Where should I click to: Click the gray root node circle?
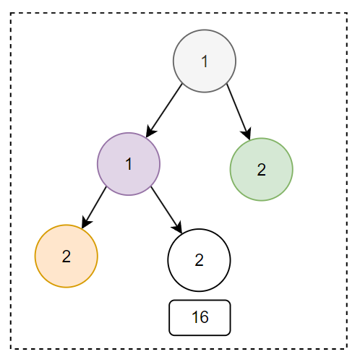coord(205,61)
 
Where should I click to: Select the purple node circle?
coord(129,164)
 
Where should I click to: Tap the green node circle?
coord(262,169)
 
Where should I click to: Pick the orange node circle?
coord(67,256)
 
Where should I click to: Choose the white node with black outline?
coord(199,260)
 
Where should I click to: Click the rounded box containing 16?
coord(200,318)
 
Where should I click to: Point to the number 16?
coord(200,317)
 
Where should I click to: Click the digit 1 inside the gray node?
coord(205,61)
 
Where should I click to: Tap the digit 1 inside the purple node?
coord(129,164)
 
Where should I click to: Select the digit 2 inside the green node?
coord(262,170)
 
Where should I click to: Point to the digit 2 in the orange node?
coord(67,257)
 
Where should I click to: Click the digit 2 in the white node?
coord(199,260)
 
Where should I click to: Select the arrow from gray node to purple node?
coord(164,111)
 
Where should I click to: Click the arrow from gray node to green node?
coord(239,111)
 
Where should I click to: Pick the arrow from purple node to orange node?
coord(94,207)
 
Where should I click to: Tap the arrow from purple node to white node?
coord(166,210)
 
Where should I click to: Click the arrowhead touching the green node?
coord(247,134)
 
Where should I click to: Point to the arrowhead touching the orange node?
coord(86,222)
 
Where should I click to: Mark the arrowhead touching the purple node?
coord(151,132)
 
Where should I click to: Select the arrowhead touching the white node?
coord(178,227)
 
